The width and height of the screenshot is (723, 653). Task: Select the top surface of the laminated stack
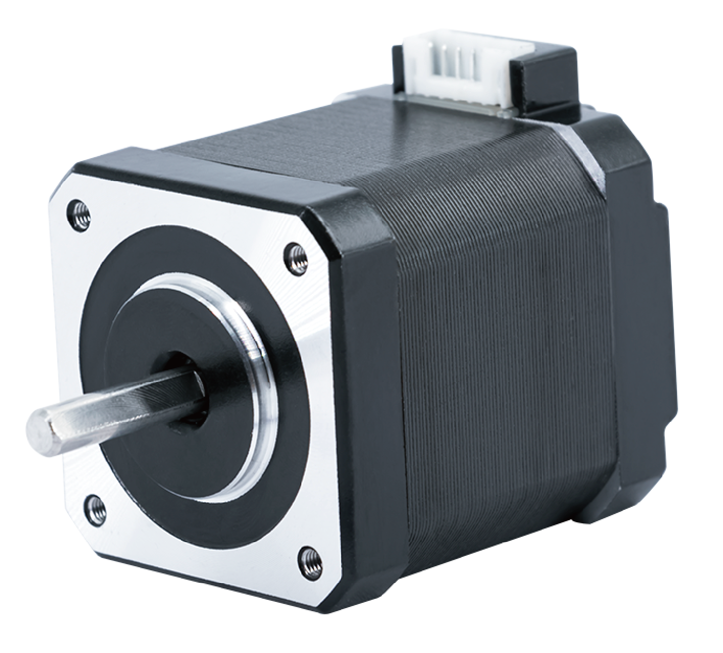pyautogui.click(x=361, y=145)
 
